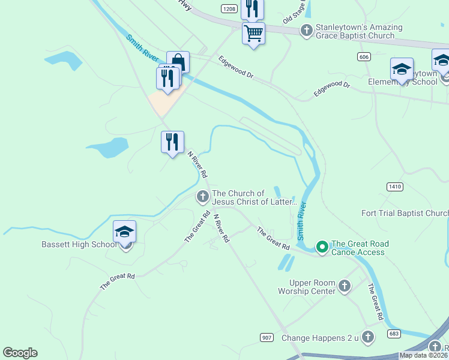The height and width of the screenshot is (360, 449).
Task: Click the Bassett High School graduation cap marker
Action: tap(124, 232)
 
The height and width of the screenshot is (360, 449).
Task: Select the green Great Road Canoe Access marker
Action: tap(322, 246)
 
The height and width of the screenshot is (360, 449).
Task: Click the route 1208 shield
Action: tap(229, 8)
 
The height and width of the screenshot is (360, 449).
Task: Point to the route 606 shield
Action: tap(363, 56)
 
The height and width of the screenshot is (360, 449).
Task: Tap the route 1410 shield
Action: tap(394, 187)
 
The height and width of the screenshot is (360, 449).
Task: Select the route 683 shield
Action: tap(394, 334)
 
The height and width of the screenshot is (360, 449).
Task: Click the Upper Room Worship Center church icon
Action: tap(345, 286)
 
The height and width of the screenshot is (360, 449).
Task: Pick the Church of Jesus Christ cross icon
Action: tap(203, 196)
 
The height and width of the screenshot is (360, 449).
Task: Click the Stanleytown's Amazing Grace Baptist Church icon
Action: tap(307, 30)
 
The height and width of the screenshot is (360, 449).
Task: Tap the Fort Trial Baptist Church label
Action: tap(405, 213)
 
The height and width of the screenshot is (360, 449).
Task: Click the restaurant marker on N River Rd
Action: tap(172, 142)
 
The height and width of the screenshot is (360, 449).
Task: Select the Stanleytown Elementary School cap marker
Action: tap(402, 69)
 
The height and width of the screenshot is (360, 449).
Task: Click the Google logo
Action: tap(20, 353)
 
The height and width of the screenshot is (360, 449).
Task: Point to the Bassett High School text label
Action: tap(79, 244)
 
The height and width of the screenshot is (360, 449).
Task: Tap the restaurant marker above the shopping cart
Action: tap(252, 8)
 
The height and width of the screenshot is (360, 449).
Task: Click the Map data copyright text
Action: tap(423, 355)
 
